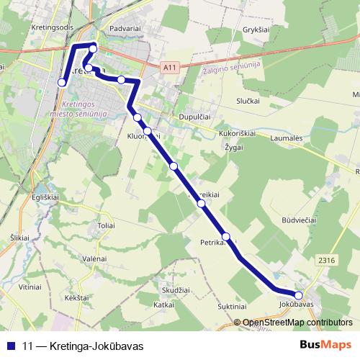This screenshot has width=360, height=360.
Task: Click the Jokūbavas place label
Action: click(x=297, y=305)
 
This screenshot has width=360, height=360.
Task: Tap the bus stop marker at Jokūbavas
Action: click(x=299, y=294)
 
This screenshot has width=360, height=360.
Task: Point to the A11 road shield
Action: click(x=169, y=68)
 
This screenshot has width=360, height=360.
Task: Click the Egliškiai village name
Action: click(x=24, y=197)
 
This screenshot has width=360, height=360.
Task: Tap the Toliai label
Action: click(x=107, y=225)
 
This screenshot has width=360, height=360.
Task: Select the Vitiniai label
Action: click(x=31, y=286)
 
